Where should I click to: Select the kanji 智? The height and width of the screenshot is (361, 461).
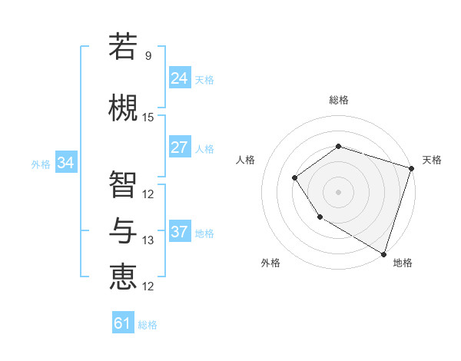(x=123, y=184)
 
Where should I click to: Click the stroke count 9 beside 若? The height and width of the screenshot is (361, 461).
(x=148, y=56)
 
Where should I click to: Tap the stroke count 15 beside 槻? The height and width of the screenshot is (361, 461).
(x=148, y=118)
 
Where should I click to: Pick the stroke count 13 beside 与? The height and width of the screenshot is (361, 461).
(x=148, y=240)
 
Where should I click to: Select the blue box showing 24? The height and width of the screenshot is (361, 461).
(x=180, y=78)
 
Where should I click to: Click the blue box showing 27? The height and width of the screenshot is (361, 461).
(x=180, y=147)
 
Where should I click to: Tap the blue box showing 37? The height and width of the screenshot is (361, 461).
(x=180, y=232)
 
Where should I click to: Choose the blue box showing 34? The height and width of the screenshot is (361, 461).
(x=66, y=163)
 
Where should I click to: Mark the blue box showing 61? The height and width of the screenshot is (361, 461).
(x=123, y=323)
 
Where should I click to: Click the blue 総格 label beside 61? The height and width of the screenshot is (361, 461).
(x=148, y=325)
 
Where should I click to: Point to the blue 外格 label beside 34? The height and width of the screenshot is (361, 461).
(x=41, y=164)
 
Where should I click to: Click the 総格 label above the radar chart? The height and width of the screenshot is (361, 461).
(x=338, y=100)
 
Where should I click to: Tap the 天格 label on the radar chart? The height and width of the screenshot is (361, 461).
(x=432, y=160)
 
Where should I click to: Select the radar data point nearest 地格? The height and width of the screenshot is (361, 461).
(x=383, y=253)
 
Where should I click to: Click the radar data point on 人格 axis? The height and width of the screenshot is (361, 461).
(x=295, y=178)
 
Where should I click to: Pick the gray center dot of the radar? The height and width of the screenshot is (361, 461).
(x=338, y=192)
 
